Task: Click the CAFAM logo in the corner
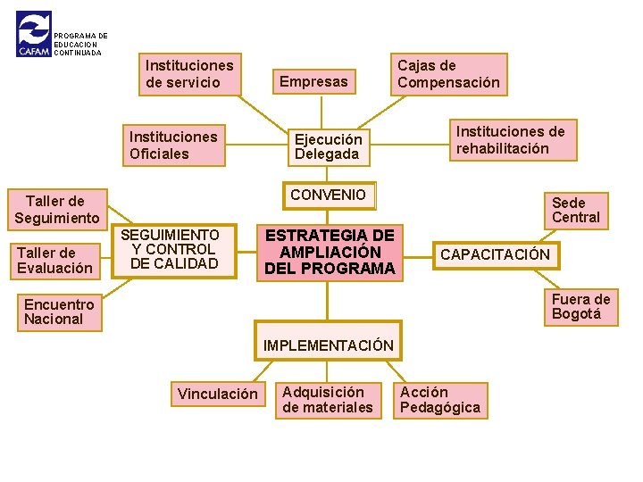(x=34, y=35)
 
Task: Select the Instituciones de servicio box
(x=189, y=74)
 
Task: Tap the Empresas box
(x=313, y=82)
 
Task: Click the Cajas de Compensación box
(x=448, y=74)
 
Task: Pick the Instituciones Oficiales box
(x=173, y=145)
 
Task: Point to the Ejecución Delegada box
(x=329, y=146)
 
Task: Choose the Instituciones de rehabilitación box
(x=511, y=140)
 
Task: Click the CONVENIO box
(x=329, y=195)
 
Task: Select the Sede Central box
(x=576, y=210)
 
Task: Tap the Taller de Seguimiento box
(x=56, y=210)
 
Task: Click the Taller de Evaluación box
(x=54, y=260)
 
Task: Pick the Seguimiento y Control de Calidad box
(x=174, y=250)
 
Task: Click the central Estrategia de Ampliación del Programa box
(x=330, y=251)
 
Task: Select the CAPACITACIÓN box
(x=496, y=255)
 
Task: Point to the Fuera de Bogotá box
(x=580, y=307)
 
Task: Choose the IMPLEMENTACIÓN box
(x=328, y=343)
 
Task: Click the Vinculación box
(x=217, y=395)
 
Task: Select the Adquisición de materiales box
(x=328, y=400)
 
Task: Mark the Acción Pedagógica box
(x=440, y=400)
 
